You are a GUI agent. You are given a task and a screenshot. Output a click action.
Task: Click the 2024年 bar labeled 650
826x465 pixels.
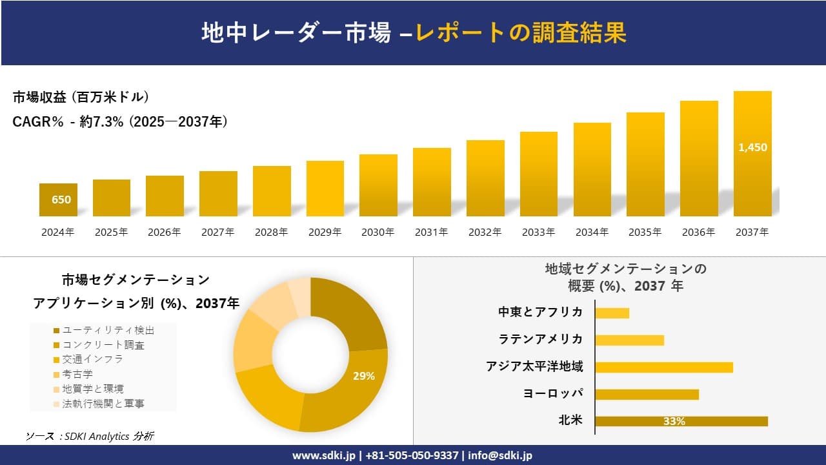tap(58, 200)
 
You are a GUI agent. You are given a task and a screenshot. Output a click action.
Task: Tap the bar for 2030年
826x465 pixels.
tap(378, 185)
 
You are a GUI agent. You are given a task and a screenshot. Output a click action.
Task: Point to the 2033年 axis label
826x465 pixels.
tap(538, 232)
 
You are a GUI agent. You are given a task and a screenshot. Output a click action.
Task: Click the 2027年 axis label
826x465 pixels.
tap(217, 232)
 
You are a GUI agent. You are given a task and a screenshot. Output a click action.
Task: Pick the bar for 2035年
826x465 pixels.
tap(645, 165)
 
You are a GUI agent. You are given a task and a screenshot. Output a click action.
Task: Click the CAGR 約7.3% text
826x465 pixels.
tap(120, 121)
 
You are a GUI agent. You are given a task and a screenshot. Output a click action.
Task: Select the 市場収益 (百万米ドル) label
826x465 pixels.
tap(81, 97)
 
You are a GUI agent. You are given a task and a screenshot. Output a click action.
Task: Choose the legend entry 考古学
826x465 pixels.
tap(77, 374)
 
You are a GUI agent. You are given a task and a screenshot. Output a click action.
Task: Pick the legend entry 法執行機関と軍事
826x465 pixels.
tap(103, 404)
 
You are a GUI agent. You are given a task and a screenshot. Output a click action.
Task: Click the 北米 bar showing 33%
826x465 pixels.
tap(681, 421)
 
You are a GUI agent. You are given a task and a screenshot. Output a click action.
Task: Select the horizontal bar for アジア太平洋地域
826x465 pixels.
tap(663, 367)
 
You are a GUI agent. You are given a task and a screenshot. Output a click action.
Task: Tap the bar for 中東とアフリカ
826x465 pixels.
tap(612, 313)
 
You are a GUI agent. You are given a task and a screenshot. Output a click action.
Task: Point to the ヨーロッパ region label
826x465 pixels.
tap(553, 393)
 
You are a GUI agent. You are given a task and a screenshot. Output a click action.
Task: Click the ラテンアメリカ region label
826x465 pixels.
tap(541, 339)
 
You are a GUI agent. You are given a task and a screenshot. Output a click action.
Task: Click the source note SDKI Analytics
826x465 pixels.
tap(90, 437)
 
